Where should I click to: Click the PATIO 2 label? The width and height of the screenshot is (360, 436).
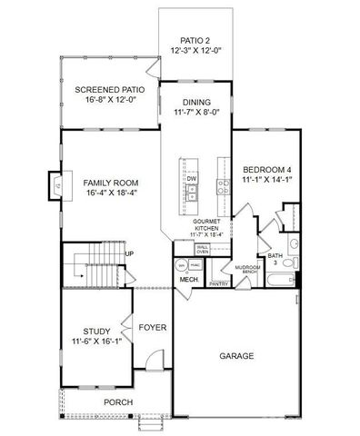(195, 41)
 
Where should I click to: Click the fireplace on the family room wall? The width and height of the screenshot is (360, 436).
(56, 187)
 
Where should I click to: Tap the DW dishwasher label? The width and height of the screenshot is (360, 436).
(192, 179)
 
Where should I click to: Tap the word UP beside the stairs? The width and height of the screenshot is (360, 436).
(129, 253)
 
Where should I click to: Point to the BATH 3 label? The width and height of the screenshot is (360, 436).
(275, 259)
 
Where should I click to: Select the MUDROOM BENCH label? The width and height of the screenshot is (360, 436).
(247, 269)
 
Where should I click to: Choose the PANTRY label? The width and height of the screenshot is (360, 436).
(218, 284)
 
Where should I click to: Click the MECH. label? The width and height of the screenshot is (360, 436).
(188, 279)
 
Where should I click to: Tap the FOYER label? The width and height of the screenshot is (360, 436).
(152, 326)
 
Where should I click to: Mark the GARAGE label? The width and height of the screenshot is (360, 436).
(235, 355)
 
